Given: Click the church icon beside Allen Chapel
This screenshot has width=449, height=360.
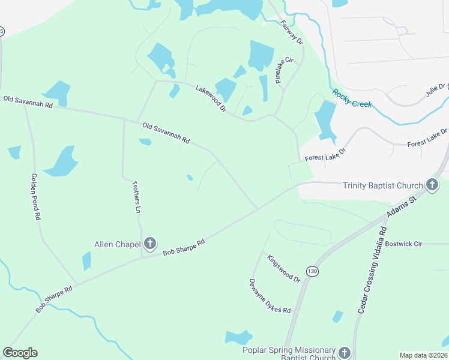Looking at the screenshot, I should coord(150,244).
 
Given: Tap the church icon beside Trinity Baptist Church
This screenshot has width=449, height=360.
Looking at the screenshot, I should coord(432,185).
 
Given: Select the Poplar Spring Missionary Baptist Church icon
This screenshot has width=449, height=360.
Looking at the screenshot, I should coord(344,353).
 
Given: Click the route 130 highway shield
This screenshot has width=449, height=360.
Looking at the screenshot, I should coord(312,271).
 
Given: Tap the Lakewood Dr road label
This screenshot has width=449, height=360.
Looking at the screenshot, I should coord(211,99).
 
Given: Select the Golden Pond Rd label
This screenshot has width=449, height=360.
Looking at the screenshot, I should coord(35,197).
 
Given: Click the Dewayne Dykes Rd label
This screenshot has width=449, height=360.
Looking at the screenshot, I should coord(270,296).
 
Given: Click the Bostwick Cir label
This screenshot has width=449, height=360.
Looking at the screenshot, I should coord(404,244).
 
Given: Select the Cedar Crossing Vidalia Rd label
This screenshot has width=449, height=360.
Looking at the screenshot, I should coord(372,268).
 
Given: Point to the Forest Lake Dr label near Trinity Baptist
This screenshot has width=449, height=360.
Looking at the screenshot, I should coord(325,155).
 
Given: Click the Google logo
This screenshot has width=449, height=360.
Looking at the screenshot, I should coord(20,353).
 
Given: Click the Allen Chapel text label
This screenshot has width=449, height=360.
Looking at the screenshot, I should coord(117,244).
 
